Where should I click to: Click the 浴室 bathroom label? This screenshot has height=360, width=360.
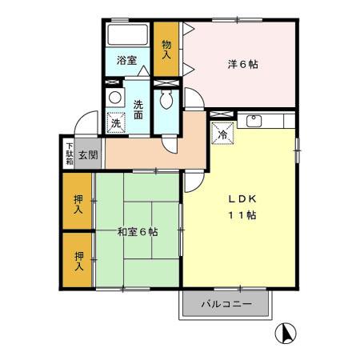126,61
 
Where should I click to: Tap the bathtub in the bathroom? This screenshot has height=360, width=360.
127,37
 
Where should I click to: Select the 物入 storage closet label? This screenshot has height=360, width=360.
166,50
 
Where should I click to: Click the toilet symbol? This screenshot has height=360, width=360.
166,100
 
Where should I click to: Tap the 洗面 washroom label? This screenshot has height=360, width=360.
138,109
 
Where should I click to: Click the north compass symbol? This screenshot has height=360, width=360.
285,333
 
